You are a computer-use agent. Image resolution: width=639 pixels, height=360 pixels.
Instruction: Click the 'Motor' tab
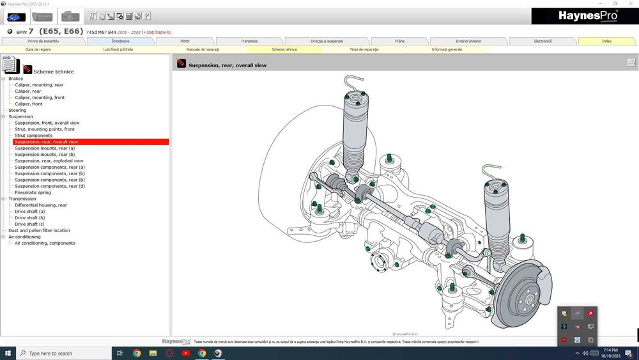click(x=185, y=41)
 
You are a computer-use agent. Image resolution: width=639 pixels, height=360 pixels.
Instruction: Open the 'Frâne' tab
click(x=399, y=41)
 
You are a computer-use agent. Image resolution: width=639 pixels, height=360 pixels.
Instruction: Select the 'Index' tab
click(x=606, y=41)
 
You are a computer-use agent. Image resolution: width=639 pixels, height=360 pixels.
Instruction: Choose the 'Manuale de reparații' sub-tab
click(x=203, y=49)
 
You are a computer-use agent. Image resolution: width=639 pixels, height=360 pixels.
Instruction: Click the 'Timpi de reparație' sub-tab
click(x=364, y=49)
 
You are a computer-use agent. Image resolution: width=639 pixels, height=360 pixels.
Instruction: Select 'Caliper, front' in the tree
click(x=29, y=104)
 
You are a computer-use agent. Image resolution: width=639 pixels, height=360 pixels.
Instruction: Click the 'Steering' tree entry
click(x=17, y=110)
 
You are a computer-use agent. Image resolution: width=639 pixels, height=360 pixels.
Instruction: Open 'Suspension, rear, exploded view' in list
click(x=49, y=160)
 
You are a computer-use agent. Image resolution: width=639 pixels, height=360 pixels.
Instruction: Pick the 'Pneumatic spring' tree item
click(x=33, y=192)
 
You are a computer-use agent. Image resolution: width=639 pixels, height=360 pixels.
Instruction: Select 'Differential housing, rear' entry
click(x=41, y=205)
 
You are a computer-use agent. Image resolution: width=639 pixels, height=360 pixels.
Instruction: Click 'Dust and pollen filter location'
click(x=39, y=230)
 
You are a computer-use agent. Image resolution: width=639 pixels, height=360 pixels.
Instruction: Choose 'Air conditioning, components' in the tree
click(x=45, y=243)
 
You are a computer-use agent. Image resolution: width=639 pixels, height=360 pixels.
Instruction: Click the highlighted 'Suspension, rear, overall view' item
click(x=47, y=142)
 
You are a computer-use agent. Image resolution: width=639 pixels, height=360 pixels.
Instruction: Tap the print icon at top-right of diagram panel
click(x=631, y=63)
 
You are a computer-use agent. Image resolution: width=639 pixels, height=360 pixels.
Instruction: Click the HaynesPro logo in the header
click(x=584, y=16)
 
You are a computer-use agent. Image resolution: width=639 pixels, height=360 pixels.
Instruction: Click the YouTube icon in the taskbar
click(x=185, y=353)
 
